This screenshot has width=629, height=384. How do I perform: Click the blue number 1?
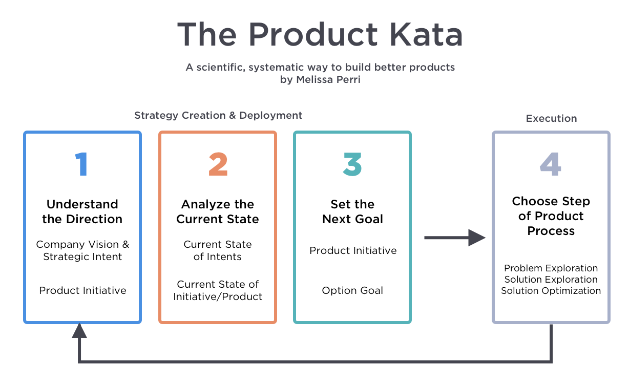pyautogui.click(x=81, y=164)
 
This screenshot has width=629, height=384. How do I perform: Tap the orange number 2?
pyautogui.click(x=218, y=164)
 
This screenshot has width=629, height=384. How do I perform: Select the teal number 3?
pyautogui.click(x=352, y=164)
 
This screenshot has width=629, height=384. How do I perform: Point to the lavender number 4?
pyautogui.click(x=551, y=164)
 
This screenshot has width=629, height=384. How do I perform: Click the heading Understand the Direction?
pyautogui.click(x=82, y=211)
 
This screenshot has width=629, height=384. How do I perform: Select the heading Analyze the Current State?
pyautogui.click(x=218, y=211)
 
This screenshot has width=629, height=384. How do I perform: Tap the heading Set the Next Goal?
pyautogui.click(x=352, y=211)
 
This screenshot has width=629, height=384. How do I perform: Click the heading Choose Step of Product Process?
pyautogui.click(x=551, y=216)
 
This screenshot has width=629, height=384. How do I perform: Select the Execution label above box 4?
pyautogui.click(x=551, y=118)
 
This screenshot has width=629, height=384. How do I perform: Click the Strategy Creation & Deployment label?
pyautogui.click(x=218, y=115)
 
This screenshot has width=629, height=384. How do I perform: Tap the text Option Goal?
pyautogui.click(x=352, y=290)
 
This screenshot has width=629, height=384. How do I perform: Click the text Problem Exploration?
pyautogui.click(x=551, y=268)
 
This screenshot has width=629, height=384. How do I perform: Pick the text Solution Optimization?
pyautogui.click(x=551, y=290)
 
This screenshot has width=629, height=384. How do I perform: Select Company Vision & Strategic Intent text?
pyautogui.click(x=82, y=250)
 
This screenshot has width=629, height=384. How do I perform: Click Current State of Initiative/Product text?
pyautogui.click(x=218, y=290)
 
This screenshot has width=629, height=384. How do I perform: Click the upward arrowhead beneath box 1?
pyautogui.click(x=79, y=331)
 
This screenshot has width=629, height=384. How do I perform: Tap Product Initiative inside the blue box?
pyautogui.click(x=82, y=290)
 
